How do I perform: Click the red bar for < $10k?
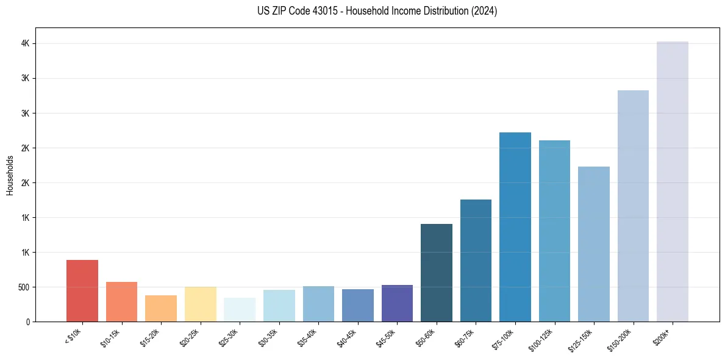pyautogui.click(x=82, y=291)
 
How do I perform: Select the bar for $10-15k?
pyautogui.click(x=121, y=302)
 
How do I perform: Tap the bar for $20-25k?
pyautogui.click(x=200, y=304)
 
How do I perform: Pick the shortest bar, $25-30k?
pyautogui.click(x=240, y=310)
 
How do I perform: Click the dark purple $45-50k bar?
pyautogui.click(x=397, y=303)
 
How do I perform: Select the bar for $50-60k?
pyautogui.click(x=437, y=273)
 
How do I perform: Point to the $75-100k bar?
pyautogui.click(x=515, y=227)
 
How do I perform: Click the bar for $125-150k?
pyautogui.click(x=594, y=244)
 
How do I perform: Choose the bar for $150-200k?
pyautogui.click(x=633, y=206)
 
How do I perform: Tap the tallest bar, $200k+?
pyautogui.click(x=673, y=182)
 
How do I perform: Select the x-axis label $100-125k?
pyautogui.click(x=541, y=338)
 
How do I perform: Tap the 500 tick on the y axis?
pyautogui.click(x=24, y=287)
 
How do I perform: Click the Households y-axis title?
pyautogui.click(x=10, y=175)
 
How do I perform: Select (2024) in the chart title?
pyautogui.click(x=484, y=11)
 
